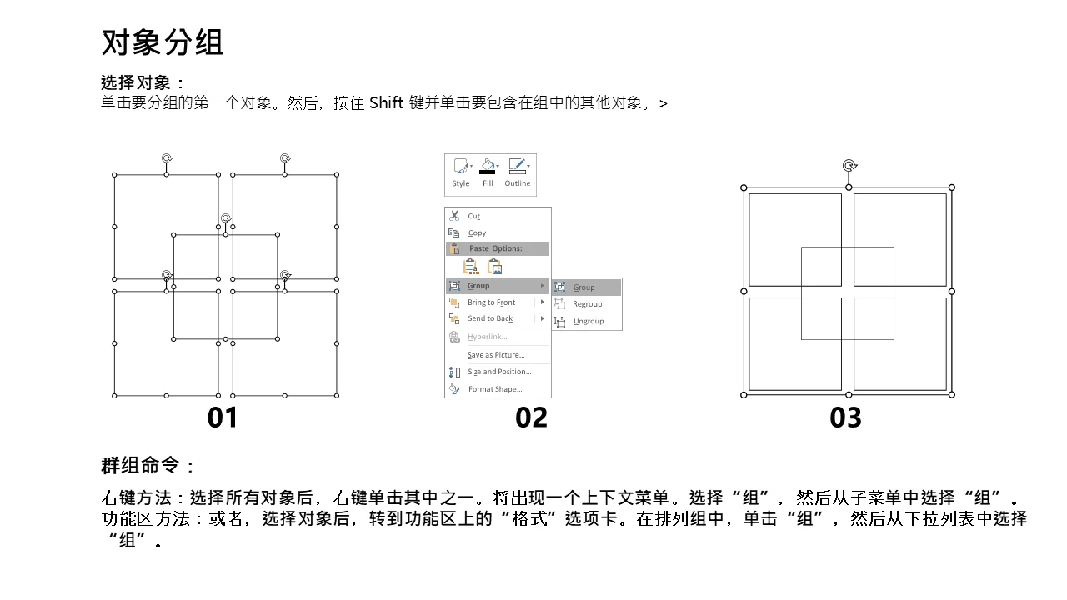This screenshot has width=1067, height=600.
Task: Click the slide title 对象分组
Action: pyautogui.click(x=163, y=42)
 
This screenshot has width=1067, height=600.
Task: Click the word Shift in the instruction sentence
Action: pyautogui.click(x=386, y=102)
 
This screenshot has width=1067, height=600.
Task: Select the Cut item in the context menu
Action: pyautogui.click(x=473, y=216)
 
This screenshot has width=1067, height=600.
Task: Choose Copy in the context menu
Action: pyautogui.click(x=477, y=232)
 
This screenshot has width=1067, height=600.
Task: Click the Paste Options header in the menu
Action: pyautogui.click(x=495, y=248)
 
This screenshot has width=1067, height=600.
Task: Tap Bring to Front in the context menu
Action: pyautogui.click(x=491, y=302)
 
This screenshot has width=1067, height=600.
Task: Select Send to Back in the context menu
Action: pyautogui.click(x=490, y=318)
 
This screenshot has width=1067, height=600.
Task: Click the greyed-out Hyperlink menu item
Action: pyautogui.click(x=487, y=337)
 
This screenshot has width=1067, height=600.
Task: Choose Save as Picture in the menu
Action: pyautogui.click(x=496, y=355)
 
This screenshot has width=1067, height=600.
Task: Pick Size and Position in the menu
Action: pyautogui.click(x=499, y=372)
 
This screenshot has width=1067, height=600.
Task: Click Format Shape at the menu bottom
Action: pyautogui.click(x=495, y=389)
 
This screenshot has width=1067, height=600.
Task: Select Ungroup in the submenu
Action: pyautogui.click(x=589, y=321)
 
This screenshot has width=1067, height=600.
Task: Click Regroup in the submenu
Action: pyautogui.click(x=587, y=304)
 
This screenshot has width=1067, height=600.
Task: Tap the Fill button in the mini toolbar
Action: pyautogui.click(x=488, y=172)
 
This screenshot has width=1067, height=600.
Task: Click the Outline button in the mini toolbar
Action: pyautogui.click(x=518, y=172)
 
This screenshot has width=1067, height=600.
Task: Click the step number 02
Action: pyautogui.click(x=531, y=417)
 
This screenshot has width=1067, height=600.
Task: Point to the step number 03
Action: pyautogui.click(x=845, y=417)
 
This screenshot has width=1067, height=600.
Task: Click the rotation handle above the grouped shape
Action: pyautogui.click(x=849, y=166)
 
